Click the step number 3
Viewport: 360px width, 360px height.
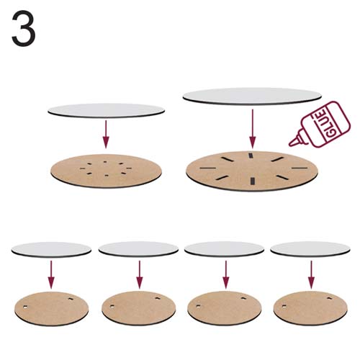[x=24, y=28]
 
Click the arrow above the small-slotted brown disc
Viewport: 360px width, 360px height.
[x=106, y=134]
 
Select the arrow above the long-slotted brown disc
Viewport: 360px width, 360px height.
[x=252, y=129]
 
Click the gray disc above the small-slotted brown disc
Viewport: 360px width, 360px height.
[x=106, y=110]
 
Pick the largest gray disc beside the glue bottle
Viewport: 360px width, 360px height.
[x=252, y=96]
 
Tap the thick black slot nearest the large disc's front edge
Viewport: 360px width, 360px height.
[x=252, y=181]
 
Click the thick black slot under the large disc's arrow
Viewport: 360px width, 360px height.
[x=251, y=156]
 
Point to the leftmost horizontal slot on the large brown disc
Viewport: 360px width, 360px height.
[x=208, y=168]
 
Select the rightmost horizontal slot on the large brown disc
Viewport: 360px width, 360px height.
[x=300, y=168]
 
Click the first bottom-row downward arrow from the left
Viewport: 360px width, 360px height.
[x=51, y=274]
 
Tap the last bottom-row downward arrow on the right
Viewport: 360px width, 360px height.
[x=311, y=274]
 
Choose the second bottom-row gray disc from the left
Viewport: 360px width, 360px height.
[x=138, y=249]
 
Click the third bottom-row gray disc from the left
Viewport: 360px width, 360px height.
[x=224, y=249]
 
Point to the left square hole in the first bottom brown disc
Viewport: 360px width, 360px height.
[x=25, y=307]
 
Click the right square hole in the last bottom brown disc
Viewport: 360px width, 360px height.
[x=329, y=298]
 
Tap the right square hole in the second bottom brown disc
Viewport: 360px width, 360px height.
[x=158, y=298]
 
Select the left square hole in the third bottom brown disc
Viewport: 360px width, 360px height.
[x=198, y=307]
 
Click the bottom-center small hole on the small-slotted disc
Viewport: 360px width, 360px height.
[x=107, y=176]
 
